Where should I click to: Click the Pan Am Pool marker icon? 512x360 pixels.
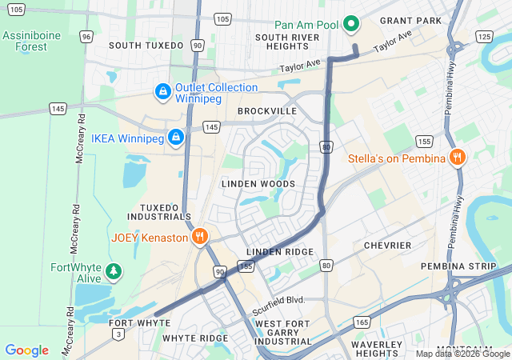pos(350,24)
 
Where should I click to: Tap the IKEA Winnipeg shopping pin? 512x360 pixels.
pos(177,138)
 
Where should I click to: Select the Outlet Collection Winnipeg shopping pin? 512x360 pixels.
pos(163,93)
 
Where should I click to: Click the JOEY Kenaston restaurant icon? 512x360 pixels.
pos(200,237)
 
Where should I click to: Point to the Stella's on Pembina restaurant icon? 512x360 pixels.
pos(457,158)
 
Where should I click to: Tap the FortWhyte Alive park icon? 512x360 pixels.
pos(114,272)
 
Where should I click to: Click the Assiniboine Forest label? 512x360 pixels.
pos(31,41)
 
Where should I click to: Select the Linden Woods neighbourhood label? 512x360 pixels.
pos(258,184)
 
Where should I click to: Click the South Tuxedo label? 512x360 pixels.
pos(146,46)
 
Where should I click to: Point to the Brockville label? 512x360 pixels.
pos(267,111)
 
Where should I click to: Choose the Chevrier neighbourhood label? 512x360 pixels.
pos(387,245)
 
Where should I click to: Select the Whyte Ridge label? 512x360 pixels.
pos(195,338)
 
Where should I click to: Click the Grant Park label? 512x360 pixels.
pos(410,20)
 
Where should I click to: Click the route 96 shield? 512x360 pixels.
pos(86,36)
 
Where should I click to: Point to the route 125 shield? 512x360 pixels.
pos(483,37)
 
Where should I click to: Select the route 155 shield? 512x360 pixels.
pos(424,142)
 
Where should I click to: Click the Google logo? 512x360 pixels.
pos(26,350)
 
